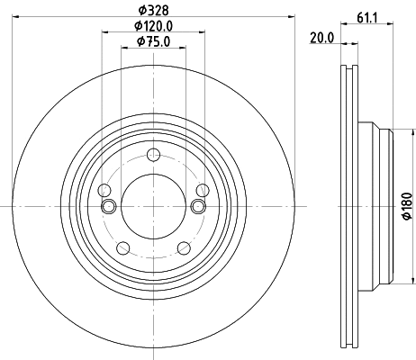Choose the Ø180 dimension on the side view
(405, 208)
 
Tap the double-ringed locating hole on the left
(109, 207)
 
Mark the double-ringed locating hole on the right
(197, 207)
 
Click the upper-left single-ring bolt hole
(104, 190)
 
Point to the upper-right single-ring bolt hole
(202, 190)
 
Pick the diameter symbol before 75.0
(140, 40)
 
